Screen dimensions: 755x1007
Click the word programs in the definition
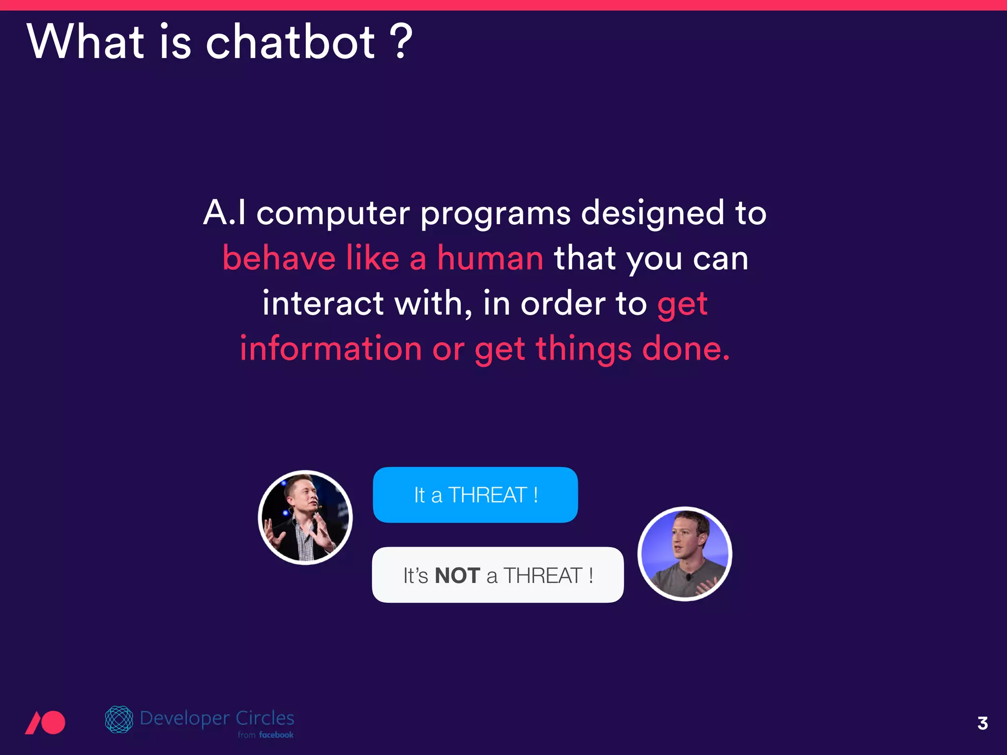pos(495,214)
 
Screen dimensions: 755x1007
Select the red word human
pos(490,258)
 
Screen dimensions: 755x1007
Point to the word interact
pos(323,303)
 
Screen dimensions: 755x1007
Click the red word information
pos(331,348)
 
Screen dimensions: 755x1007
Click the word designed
pos(652,214)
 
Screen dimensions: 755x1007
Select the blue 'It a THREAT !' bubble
pos(475,494)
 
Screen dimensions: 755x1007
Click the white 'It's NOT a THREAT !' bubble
pos(498,575)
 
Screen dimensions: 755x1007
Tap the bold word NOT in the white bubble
pos(457,576)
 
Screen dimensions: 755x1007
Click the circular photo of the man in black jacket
pos(305,517)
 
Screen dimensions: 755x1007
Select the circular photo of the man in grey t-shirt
pos(684,553)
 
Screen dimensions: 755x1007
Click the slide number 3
pos(982,723)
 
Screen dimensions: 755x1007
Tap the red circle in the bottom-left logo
pos(52,723)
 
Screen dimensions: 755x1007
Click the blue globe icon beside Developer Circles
pos(119,719)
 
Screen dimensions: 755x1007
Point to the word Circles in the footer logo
pos(265,718)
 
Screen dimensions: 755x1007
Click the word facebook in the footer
pos(276,735)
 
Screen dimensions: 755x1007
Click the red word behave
pos(279,258)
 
